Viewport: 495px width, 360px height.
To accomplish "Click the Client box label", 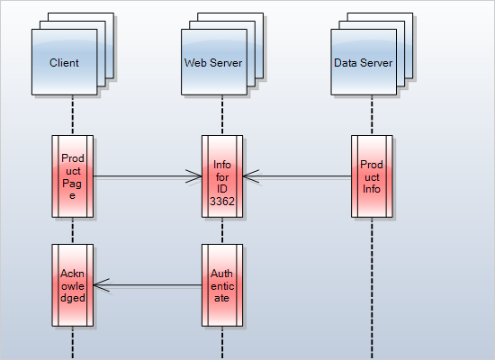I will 65,63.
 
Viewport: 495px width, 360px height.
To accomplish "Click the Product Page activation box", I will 72,176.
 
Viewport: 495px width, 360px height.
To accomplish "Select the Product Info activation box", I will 371,176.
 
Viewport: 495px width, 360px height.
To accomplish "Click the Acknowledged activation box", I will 72,285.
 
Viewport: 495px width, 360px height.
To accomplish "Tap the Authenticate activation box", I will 221,285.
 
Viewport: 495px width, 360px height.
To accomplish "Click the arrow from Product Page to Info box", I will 144,177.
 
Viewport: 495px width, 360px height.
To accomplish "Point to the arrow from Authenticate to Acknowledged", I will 148,286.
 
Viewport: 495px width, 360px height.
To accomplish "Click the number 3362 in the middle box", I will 221,202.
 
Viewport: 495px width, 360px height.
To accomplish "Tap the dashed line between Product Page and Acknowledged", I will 72,230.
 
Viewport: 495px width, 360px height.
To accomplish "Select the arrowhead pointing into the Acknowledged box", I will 100,286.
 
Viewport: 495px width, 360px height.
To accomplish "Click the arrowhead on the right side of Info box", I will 249,177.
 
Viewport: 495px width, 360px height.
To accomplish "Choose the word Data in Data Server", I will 345,63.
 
